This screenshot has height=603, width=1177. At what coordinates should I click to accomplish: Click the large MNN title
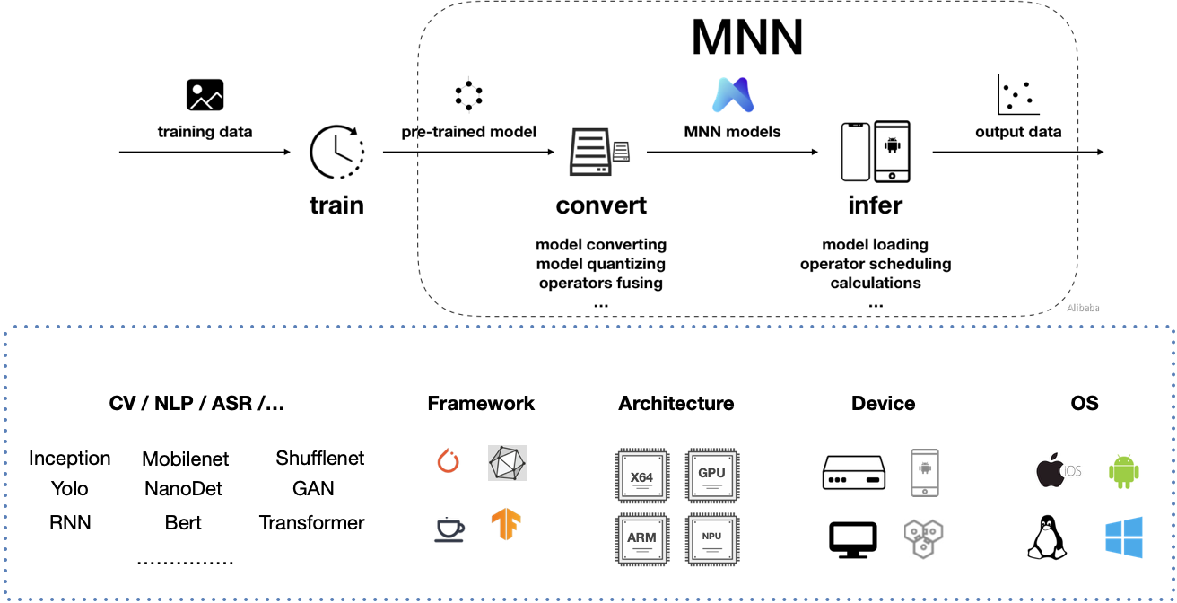pyautogui.click(x=746, y=39)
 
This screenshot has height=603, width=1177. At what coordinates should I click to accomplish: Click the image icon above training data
pyautogui.click(x=205, y=95)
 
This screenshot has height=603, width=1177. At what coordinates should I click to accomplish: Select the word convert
pyautogui.click(x=601, y=205)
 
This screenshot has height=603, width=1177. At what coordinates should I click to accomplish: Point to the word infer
pyautogui.click(x=875, y=205)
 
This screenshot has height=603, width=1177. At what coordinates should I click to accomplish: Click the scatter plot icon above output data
pyautogui.click(x=1017, y=95)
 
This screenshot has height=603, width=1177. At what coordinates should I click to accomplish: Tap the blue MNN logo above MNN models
pyautogui.click(x=734, y=95)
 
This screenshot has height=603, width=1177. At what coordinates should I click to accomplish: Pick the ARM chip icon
pyautogui.click(x=642, y=538)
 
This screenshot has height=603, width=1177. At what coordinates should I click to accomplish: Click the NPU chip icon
pyautogui.click(x=711, y=538)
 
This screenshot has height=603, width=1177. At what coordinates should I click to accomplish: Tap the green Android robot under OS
pyautogui.click(x=1123, y=470)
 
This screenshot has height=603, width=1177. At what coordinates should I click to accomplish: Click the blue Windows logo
pyautogui.click(x=1124, y=537)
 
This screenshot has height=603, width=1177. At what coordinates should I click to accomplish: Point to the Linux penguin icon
pyautogui.click(x=1045, y=537)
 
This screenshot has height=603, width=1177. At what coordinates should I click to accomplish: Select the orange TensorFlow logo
pyautogui.click(x=507, y=525)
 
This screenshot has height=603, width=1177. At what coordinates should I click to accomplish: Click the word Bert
pyautogui.click(x=183, y=522)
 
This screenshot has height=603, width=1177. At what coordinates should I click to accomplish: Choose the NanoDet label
pyautogui.click(x=183, y=489)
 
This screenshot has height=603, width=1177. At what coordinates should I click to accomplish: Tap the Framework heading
pyautogui.click(x=481, y=403)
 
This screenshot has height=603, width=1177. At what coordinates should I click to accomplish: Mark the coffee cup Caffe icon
pyautogui.click(x=449, y=529)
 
